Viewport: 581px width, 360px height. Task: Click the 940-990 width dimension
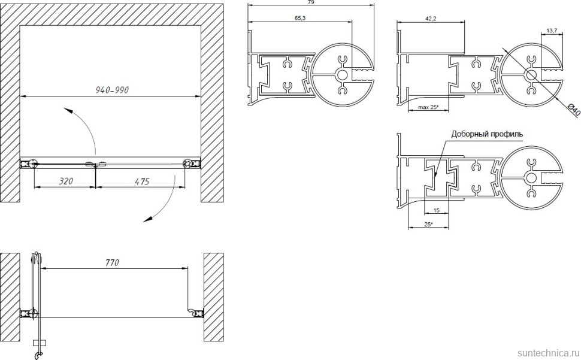click(x=112, y=90)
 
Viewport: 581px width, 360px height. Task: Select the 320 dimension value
click(x=66, y=181)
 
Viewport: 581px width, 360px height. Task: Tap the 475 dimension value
click(x=141, y=181)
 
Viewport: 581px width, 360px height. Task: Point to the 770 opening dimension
click(x=112, y=262)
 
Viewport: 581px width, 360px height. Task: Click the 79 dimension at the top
click(x=311, y=2)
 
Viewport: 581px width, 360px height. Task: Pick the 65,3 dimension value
click(x=299, y=18)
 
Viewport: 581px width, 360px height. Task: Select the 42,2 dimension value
click(x=430, y=19)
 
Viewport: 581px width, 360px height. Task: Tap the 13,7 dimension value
click(x=552, y=31)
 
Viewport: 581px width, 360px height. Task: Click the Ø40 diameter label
click(x=573, y=110)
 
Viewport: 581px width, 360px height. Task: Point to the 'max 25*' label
click(x=428, y=107)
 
